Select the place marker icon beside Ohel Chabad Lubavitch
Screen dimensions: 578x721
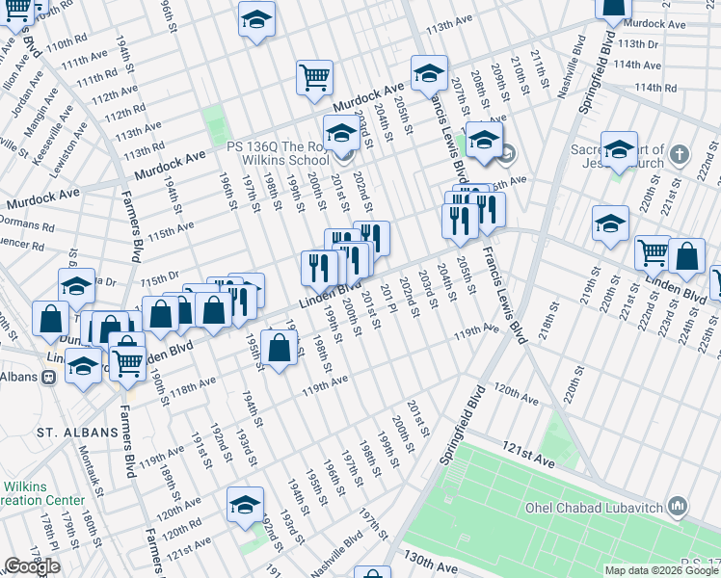click(677, 506)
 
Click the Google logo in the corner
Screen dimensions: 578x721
click(32, 566)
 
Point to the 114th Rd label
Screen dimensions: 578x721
click(656, 88)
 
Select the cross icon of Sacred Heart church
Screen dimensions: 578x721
click(680, 153)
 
